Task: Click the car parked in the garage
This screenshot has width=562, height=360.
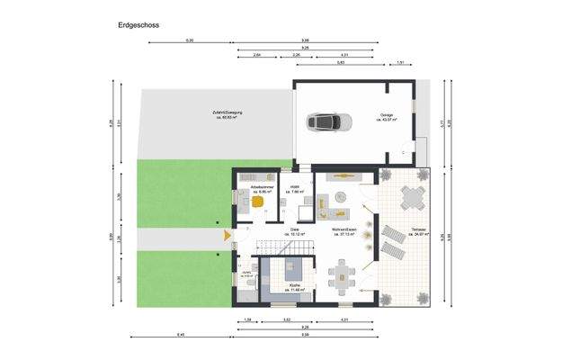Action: coord(324,120)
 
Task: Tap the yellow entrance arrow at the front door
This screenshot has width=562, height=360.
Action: coord(227,237)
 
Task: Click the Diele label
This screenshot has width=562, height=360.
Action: coord(294,230)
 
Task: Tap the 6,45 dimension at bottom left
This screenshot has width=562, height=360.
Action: coord(183,335)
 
